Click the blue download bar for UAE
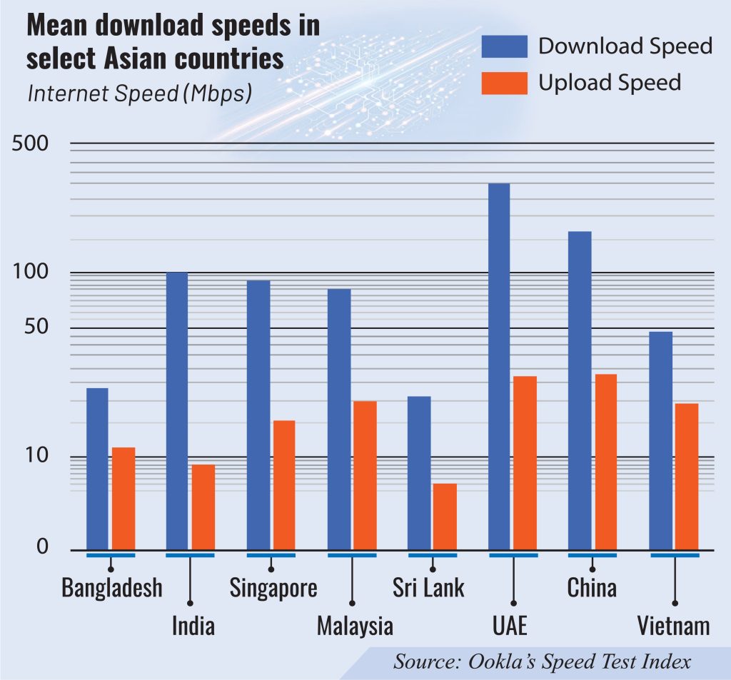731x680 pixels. pyautogui.click(x=498, y=367)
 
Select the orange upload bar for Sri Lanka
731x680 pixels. pyautogui.click(x=445, y=517)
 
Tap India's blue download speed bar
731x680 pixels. pyautogui.click(x=177, y=411)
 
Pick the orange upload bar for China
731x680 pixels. pyautogui.click(x=605, y=462)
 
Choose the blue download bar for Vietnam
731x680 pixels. pyautogui.click(x=660, y=440)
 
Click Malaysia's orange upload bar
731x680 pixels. pyautogui.click(x=365, y=475)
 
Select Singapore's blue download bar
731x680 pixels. pyautogui.click(x=258, y=415)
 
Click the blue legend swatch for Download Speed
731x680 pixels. pyautogui.click(x=505, y=46)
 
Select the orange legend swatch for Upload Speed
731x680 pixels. pyautogui.click(x=505, y=83)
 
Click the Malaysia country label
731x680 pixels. pyautogui.click(x=355, y=626)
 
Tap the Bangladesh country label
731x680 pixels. pyautogui.click(x=111, y=589)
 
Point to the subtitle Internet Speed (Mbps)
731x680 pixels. pyautogui.click(x=139, y=93)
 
